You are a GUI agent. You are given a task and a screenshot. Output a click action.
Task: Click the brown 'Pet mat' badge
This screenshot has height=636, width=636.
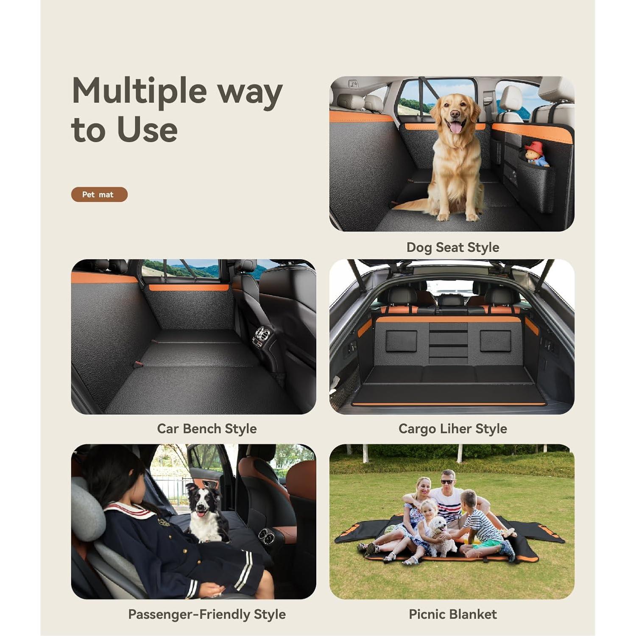[99, 194]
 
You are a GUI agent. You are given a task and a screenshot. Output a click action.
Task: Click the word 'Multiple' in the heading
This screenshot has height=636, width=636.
[139, 91]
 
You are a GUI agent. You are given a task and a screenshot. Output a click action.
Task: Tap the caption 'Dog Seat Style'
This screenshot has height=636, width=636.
[452, 247]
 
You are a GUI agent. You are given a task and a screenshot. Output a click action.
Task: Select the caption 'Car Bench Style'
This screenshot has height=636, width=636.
[206, 429]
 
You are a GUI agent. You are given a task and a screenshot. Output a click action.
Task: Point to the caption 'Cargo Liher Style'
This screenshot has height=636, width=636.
[452, 429]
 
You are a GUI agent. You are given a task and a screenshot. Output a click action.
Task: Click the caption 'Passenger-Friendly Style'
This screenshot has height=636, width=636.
[206, 614]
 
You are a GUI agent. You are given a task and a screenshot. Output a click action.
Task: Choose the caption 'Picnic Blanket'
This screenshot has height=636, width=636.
[452, 614]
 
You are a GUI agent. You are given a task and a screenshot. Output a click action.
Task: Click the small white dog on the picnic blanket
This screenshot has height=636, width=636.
[441, 536]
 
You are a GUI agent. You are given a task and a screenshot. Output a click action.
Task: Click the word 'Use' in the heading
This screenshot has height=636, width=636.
[147, 129]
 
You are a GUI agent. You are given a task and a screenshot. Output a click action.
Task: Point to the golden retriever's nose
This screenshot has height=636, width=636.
[454, 114]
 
